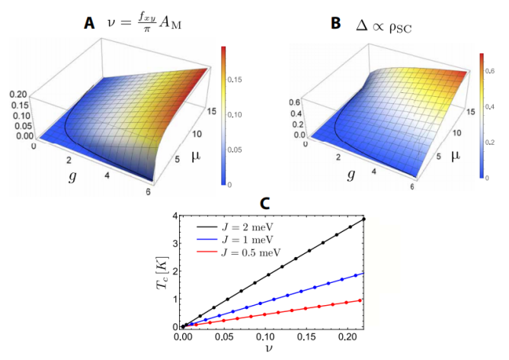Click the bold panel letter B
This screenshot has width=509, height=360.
pyautogui.click(x=335, y=24)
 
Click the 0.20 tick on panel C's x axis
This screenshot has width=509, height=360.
pyautogui.click(x=347, y=336)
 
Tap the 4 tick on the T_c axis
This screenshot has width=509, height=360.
pyautogui.click(x=174, y=217)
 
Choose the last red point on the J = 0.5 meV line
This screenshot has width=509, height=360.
pyautogui.click(x=361, y=300)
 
